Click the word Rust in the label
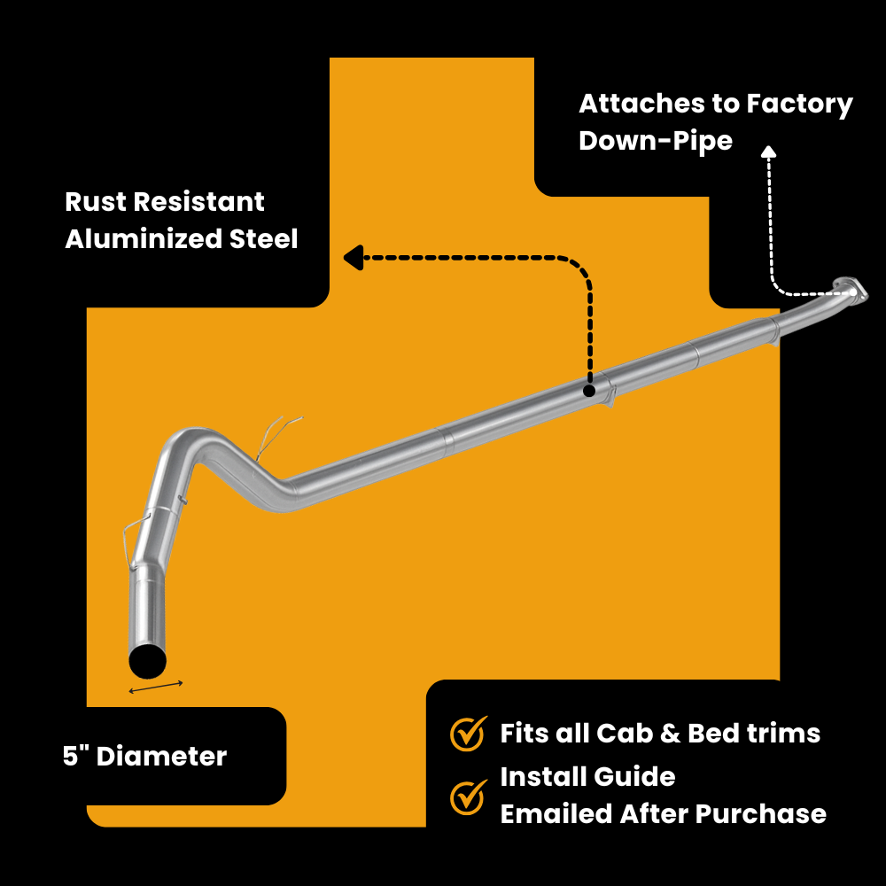[95, 202]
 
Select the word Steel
[264, 239]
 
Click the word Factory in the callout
[800, 105]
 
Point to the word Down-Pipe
[656, 141]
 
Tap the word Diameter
[161, 757]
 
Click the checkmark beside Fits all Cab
[468, 733]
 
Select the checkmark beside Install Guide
[468, 796]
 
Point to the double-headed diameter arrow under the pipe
[156, 687]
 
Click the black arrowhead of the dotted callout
[353, 258]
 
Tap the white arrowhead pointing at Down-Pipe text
[768, 152]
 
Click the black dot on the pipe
[589, 390]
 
